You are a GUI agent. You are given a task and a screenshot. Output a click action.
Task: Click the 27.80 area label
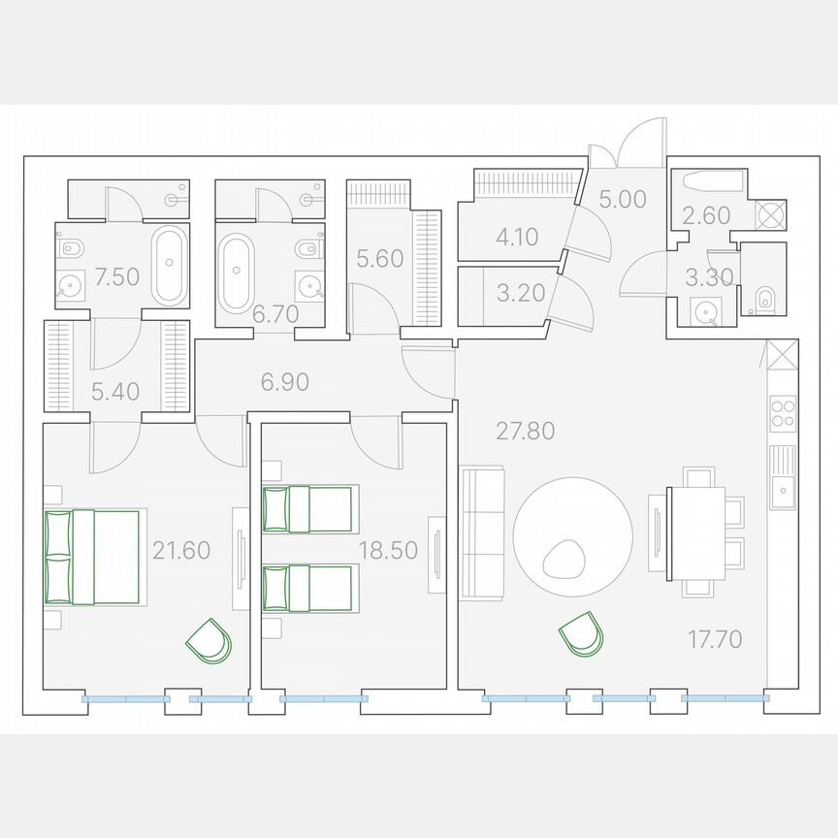click(526, 431)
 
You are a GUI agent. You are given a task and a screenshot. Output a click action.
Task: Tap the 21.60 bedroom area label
click(181, 551)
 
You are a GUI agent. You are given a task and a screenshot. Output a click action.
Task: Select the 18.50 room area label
click(388, 551)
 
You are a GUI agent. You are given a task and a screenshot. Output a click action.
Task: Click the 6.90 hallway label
click(284, 382)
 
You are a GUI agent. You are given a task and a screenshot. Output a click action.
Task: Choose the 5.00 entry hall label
click(622, 200)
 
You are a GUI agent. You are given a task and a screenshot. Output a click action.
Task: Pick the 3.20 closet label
click(521, 293)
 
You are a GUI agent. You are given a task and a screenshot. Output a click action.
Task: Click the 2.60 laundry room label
click(706, 215)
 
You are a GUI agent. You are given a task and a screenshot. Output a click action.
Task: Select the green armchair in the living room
click(581, 634)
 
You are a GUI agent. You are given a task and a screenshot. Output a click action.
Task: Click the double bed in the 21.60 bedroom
click(93, 557)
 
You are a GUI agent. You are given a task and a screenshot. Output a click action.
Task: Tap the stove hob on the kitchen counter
click(782, 415)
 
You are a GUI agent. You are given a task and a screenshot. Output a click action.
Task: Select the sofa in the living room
click(482, 532)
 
